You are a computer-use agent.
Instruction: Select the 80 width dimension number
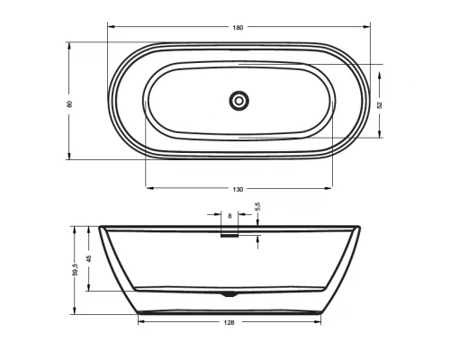[x=69, y=103]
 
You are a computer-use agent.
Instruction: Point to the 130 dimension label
[x=238, y=190]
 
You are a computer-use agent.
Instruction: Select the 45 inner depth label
[x=88, y=259]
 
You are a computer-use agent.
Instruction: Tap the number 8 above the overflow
[x=229, y=217]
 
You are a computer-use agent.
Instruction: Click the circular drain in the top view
[x=238, y=101]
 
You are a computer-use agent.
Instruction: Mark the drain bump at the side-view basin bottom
[x=229, y=293]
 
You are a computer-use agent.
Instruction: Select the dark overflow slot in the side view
[x=229, y=236]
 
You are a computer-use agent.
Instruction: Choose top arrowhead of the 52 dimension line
[x=382, y=68]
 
